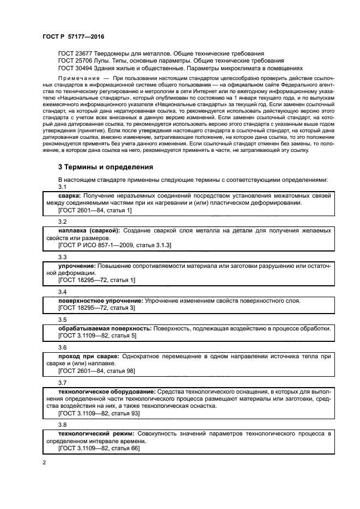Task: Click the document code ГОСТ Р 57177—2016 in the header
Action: (x=73, y=36)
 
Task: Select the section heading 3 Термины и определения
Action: (x=106, y=167)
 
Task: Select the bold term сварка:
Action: (x=70, y=195)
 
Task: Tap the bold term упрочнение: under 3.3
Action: (x=77, y=265)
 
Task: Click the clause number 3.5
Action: (x=63, y=320)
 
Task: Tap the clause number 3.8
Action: (x=63, y=424)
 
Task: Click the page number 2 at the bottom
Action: (x=44, y=463)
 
